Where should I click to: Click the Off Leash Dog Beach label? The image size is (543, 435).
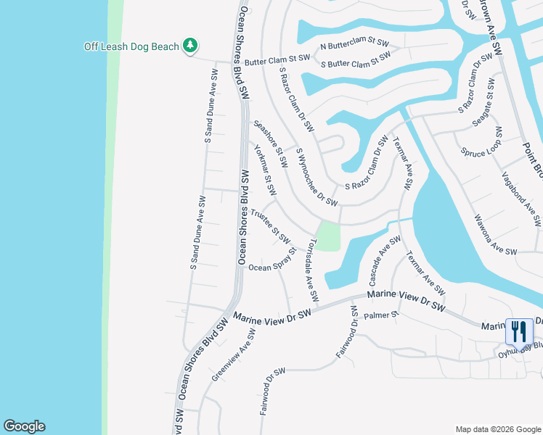click(131, 46)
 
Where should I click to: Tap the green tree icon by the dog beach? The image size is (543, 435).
click(189, 46)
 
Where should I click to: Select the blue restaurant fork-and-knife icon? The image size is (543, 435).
click(518, 332)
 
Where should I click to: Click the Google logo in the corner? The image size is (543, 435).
click(24, 426)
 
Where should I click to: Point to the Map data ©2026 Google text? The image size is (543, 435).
click(498, 429)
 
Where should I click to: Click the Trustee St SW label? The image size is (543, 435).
click(271, 227)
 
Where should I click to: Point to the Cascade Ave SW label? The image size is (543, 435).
click(385, 260)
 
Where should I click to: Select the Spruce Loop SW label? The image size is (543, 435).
click(481, 144)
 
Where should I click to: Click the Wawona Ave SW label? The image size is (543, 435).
click(494, 233)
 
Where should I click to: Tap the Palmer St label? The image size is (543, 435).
click(382, 315)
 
